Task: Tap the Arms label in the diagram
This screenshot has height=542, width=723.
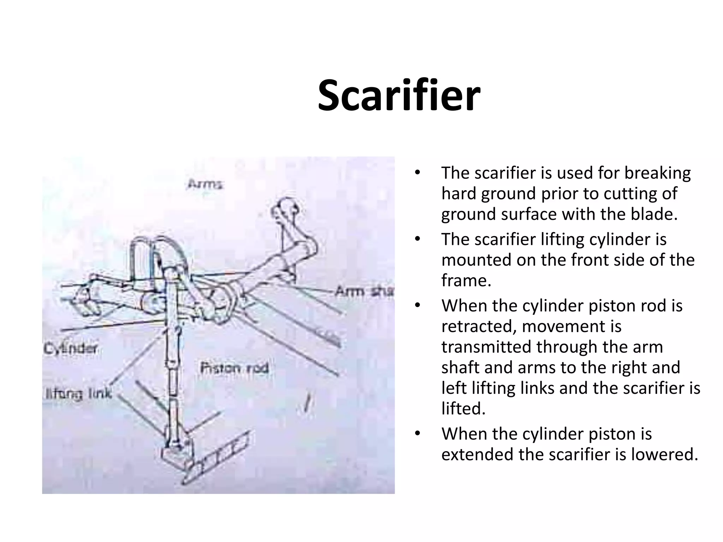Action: (x=205, y=184)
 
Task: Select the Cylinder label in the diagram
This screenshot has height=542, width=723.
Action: (x=70, y=349)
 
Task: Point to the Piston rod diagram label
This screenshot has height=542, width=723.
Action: (x=234, y=368)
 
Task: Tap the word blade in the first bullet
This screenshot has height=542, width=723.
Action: (x=656, y=214)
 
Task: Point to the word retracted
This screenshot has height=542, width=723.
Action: (x=479, y=326)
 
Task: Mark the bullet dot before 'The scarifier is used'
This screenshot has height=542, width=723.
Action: (x=418, y=173)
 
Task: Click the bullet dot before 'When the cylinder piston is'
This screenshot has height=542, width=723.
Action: (x=418, y=434)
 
